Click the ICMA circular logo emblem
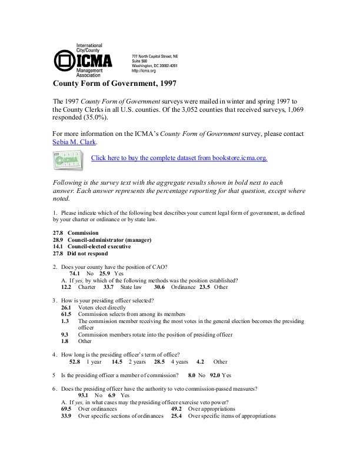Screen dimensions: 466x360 pyautogui.click(x=64, y=61)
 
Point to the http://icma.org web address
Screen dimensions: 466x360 pyautogui.click(x=144, y=71)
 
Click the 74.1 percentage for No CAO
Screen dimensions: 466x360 pyautogui.click(x=75, y=274)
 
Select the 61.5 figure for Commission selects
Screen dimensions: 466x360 pyautogui.click(x=66, y=315)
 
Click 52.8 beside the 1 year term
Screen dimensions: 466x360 pyautogui.click(x=75, y=362)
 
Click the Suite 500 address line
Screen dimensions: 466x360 pyautogui.click(x=139, y=60)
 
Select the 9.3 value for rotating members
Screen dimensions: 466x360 pyautogui.click(x=65, y=334)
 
